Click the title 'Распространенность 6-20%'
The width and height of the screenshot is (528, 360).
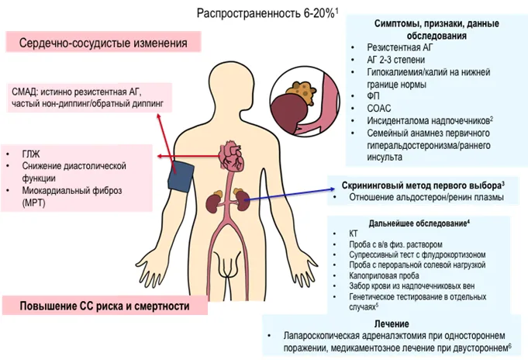pyautogui.click(x=265, y=13)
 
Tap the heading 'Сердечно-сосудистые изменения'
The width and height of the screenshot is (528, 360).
pyautogui.click(x=103, y=43)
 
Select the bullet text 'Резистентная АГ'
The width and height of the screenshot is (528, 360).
pyautogui.click(x=400, y=47)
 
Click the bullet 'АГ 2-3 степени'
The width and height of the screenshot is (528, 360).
pyautogui.click(x=396, y=60)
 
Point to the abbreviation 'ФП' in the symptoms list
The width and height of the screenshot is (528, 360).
pyautogui.click(x=373, y=96)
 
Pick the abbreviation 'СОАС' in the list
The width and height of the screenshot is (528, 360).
pyautogui.click(x=379, y=108)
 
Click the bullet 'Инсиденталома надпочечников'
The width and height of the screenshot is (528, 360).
pyautogui.click(x=428, y=121)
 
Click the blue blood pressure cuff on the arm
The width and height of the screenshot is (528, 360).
pyautogui.click(x=181, y=177)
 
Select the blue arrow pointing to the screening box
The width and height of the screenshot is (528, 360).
pyautogui.click(x=289, y=195)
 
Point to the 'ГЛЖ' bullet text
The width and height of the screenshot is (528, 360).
pyautogui.click(x=31, y=154)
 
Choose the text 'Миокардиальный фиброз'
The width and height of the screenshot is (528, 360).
pyautogui.click(x=72, y=190)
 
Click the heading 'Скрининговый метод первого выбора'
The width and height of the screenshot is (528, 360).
pyautogui.click(x=421, y=185)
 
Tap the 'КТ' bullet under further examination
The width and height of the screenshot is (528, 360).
pyautogui.click(x=354, y=234)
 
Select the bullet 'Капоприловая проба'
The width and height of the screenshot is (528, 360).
pyautogui.click(x=384, y=275)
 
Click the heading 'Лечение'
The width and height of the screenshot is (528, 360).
pyautogui.click(x=392, y=324)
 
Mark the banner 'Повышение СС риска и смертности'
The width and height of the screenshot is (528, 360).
pyautogui.click(x=105, y=306)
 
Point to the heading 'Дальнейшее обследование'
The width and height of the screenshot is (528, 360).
pyautogui.click(x=418, y=223)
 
